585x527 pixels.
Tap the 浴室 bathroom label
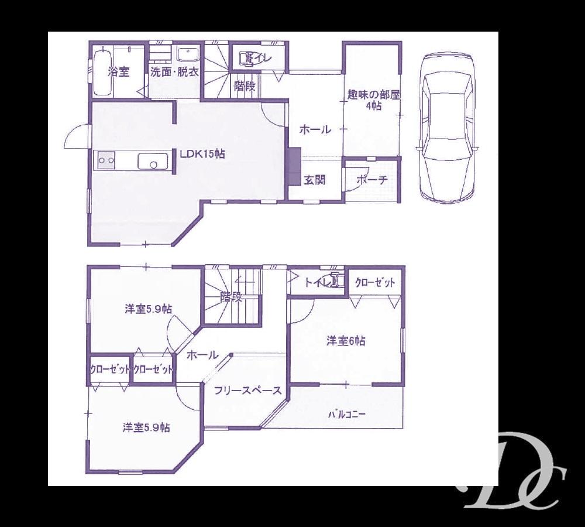coord(119,72)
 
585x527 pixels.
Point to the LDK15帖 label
coord(202,154)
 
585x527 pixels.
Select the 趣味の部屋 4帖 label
coord(373,100)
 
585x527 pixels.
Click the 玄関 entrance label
coord(314,180)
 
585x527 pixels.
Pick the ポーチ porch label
coord(371,180)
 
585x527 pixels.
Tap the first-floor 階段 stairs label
coord(245,87)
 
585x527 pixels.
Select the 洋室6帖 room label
coord(346,341)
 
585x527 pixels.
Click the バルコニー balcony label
coord(346,415)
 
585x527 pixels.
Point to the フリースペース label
coord(247,391)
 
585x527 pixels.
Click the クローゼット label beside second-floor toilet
coord(375,283)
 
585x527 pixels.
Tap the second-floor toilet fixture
coord(335,282)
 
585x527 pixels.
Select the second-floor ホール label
coord(203,355)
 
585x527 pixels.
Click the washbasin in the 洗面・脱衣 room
coord(188,54)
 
